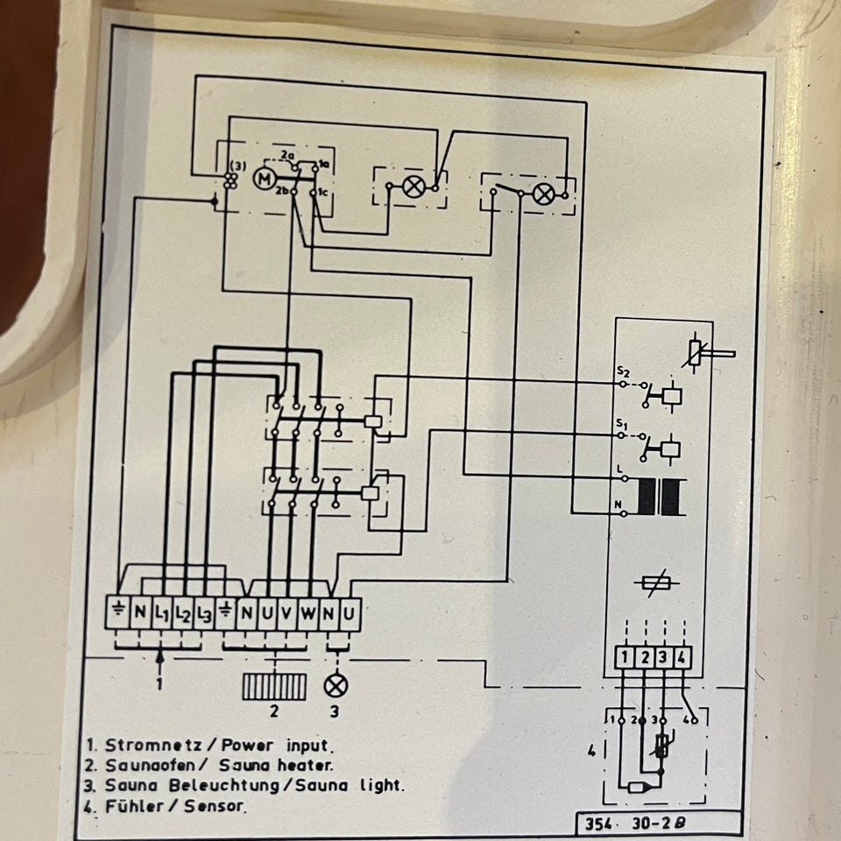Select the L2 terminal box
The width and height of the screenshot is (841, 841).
pos(183,612)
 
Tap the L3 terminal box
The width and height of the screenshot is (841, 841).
pos(205,612)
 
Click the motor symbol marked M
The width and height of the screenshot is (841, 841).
pos(263,180)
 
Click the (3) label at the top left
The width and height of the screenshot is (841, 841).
pos(237,166)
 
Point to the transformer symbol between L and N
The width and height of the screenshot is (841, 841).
pos(662,497)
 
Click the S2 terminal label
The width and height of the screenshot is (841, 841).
pos(621,371)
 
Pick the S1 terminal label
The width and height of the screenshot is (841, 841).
pos(621,425)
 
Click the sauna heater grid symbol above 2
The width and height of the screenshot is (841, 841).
pos(274,686)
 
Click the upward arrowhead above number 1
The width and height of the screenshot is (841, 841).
pos(159,654)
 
